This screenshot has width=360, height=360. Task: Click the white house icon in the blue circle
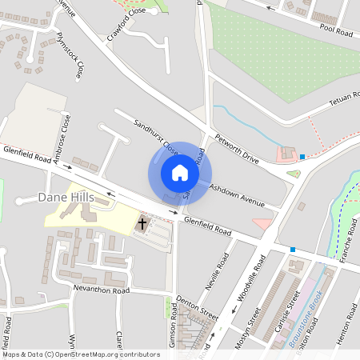coord(180,173)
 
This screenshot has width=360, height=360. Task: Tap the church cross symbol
coord(142,224)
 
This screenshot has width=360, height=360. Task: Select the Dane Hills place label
coord(66,197)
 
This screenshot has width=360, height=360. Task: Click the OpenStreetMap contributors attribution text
coord(80,354)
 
